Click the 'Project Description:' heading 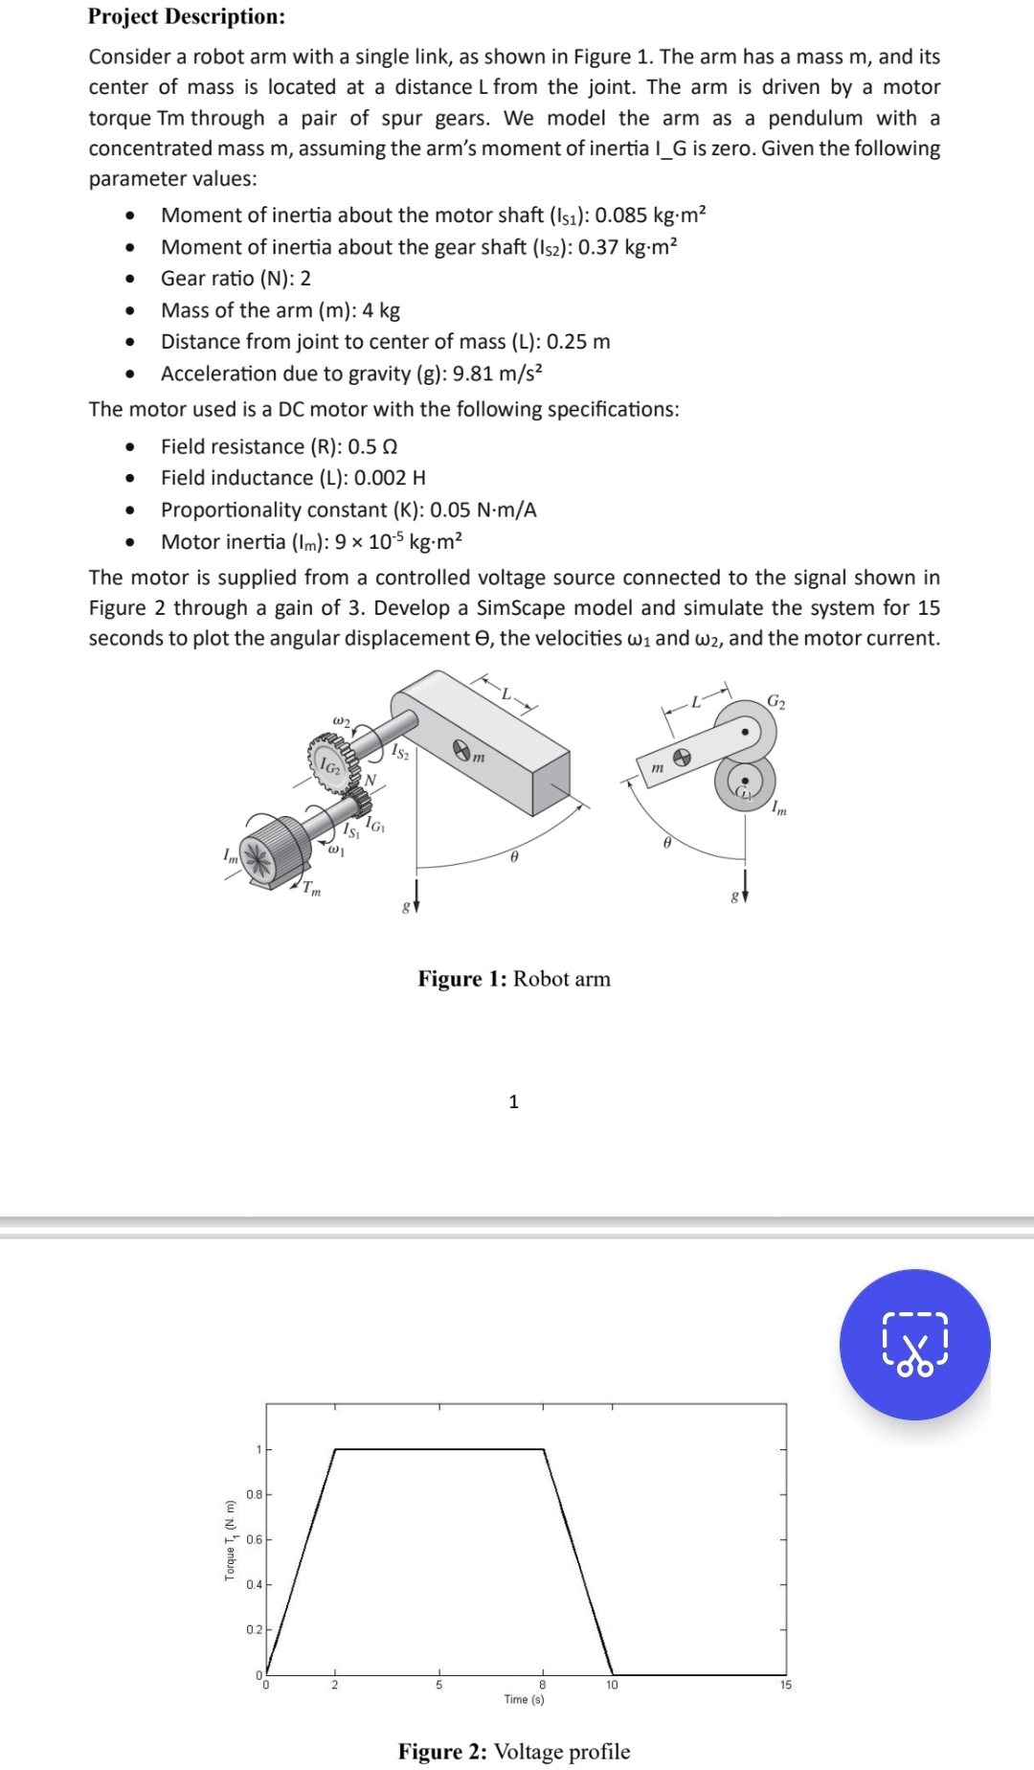click(187, 16)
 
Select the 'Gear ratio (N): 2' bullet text click(236, 279)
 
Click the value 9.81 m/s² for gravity click(497, 374)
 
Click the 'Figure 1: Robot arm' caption click(514, 978)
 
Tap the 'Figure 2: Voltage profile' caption click(514, 1751)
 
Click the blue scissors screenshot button click(914, 1344)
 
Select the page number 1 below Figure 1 click(514, 1101)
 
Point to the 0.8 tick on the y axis click(254, 1494)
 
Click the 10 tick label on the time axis click(612, 1685)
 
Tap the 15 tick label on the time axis click(785, 1685)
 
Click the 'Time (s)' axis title click(524, 1699)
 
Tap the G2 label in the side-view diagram click(776, 703)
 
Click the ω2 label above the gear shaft click(341, 719)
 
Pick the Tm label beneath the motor click(311, 890)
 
